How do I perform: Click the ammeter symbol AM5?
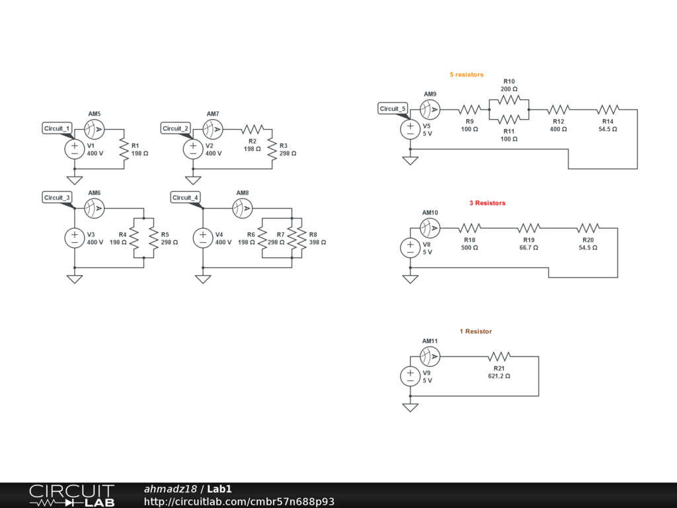(x=95, y=128)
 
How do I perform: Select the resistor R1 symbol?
(x=124, y=149)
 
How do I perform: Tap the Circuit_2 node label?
(x=176, y=128)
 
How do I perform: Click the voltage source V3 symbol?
(x=74, y=238)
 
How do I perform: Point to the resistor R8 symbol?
(x=302, y=238)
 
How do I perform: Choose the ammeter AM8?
(x=243, y=208)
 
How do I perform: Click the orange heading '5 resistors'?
(x=467, y=75)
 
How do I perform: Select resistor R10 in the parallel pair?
(x=509, y=100)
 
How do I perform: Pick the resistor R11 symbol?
(x=509, y=119)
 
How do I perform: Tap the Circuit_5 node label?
(x=393, y=108)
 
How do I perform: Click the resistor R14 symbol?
(x=608, y=109)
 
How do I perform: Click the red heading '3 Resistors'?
(x=487, y=203)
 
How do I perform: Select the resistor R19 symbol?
(x=529, y=228)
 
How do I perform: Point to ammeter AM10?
(x=430, y=228)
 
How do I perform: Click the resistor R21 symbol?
(x=499, y=357)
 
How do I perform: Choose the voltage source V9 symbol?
(x=410, y=376)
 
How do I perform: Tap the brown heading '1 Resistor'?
(x=476, y=331)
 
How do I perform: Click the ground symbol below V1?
(x=74, y=180)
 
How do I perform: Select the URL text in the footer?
(x=239, y=501)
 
